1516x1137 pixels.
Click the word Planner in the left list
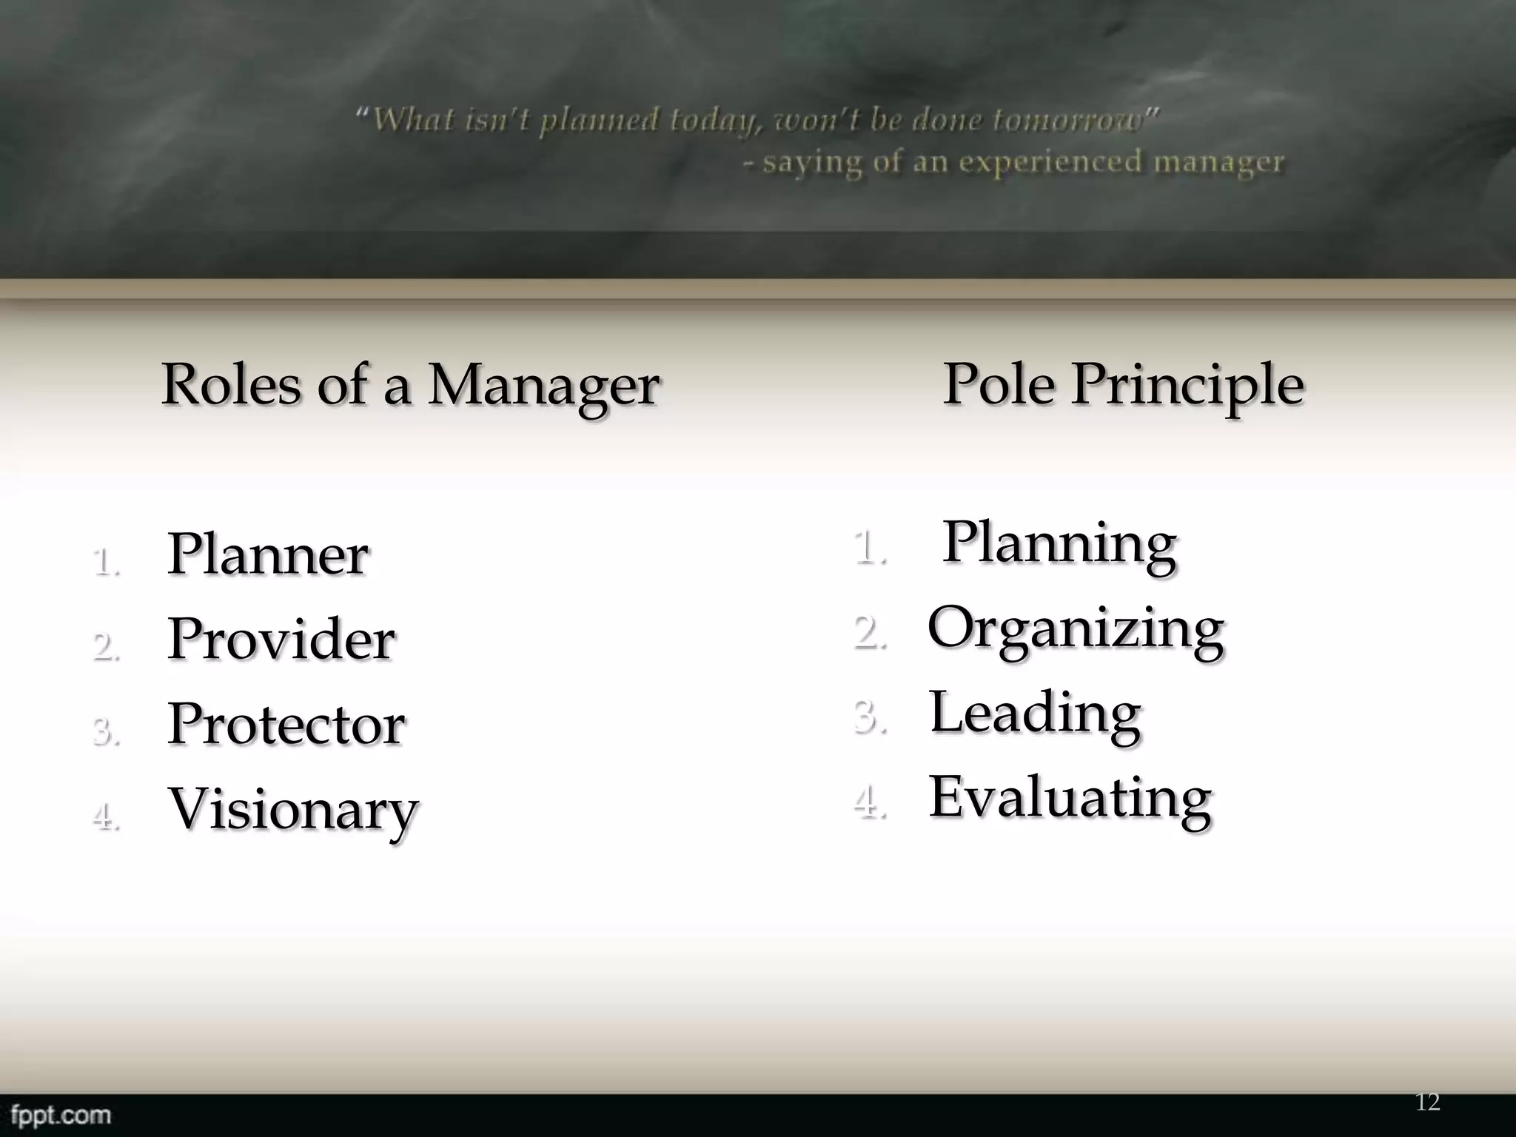point(267,554)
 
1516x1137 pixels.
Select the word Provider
point(281,639)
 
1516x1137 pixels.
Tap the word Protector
point(286,723)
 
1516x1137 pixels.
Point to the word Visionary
point(293,809)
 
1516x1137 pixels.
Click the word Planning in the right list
point(1059,544)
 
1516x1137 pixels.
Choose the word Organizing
point(1076,629)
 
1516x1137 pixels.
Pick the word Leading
point(1035,713)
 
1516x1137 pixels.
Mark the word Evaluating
point(1070,798)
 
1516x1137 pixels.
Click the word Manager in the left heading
point(543,386)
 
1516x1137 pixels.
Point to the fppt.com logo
point(61,1114)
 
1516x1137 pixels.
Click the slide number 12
point(1427,1102)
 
